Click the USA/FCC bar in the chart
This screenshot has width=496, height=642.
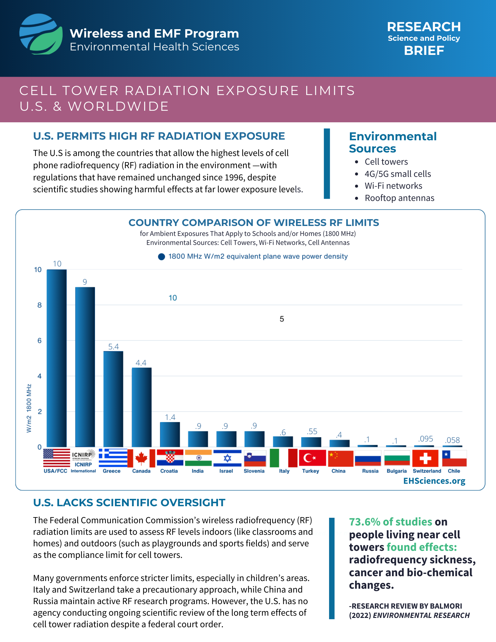pos(57,358)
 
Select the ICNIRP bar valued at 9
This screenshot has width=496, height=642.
pos(85,367)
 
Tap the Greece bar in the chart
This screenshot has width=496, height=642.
pos(113,399)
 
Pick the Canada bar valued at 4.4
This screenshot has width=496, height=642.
pos(142,407)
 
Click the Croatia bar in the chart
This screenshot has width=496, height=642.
pos(170,434)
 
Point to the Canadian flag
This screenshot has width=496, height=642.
pos(141,458)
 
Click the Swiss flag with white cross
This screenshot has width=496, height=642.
pos(425,458)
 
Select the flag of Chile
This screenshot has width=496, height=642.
pos(454,458)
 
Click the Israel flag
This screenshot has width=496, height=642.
pos(227,458)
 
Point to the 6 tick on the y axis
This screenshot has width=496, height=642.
pos(39,341)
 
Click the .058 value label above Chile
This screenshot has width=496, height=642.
pos(452,440)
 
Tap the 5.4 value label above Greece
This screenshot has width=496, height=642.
pos(113,347)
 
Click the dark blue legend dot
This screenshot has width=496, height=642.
pos(161,256)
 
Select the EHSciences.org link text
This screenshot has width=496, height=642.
pos(434,481)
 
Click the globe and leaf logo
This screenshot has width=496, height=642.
pos(41,34)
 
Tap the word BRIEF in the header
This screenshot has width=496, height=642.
pos(424,51)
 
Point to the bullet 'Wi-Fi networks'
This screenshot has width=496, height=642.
pos(393,186)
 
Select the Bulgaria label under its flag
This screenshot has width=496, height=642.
pos(396,471)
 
